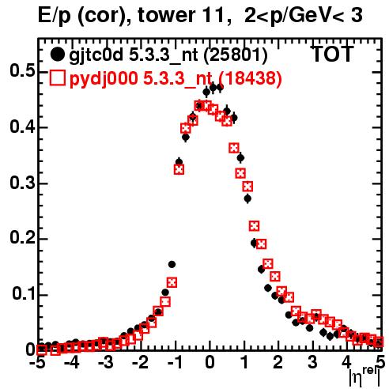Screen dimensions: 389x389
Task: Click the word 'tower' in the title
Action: tap(166, 15)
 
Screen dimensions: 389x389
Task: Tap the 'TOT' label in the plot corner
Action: tap(332, 54)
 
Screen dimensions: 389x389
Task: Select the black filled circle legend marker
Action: tap(57, 55)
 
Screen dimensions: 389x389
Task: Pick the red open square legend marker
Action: tap(57, 77)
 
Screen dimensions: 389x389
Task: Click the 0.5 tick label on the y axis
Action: tap(22, 70)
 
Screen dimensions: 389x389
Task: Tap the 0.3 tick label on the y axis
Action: tap(22, 183)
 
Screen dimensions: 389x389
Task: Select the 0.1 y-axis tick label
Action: tap(23, 294)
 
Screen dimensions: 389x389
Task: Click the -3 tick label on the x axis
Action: tap(106, 362)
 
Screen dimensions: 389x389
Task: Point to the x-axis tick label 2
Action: tap(278, 362)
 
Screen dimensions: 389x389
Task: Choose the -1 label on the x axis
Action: tap(175, 362)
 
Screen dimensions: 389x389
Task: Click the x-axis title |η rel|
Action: tap(364, 377)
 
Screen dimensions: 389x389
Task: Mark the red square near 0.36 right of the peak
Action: tap(234, 148)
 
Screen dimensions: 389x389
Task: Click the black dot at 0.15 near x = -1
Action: tap(172, 264)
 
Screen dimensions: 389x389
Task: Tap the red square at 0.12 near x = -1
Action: tap(172, 283)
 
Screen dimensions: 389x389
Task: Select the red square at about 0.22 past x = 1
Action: tap(254, 226)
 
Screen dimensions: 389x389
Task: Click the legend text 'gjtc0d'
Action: tap(96, 55)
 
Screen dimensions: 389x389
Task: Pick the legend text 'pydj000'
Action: tap(104, 78)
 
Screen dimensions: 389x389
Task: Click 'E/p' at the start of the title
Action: tap(55, 16)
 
